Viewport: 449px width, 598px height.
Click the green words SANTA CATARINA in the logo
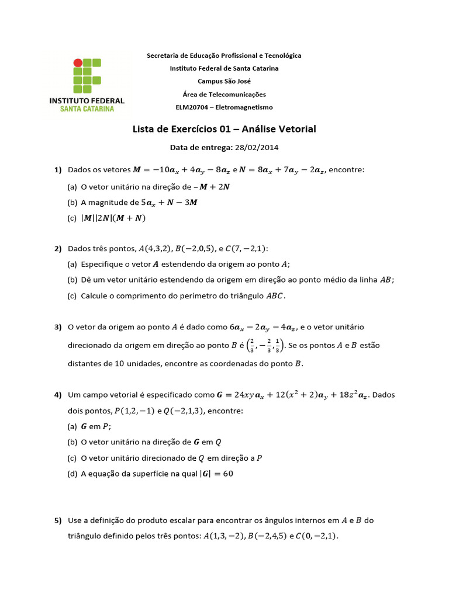tap(87, 109)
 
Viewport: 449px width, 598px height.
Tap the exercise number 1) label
tap(58, 170)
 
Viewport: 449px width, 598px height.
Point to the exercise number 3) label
tap(58, 328)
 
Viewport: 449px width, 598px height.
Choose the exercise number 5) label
tap(58, 520)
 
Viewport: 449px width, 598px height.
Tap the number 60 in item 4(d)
tap(227, 474)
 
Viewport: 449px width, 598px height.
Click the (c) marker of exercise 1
tap(72, 218)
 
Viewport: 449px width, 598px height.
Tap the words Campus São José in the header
tap(224, 81)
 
